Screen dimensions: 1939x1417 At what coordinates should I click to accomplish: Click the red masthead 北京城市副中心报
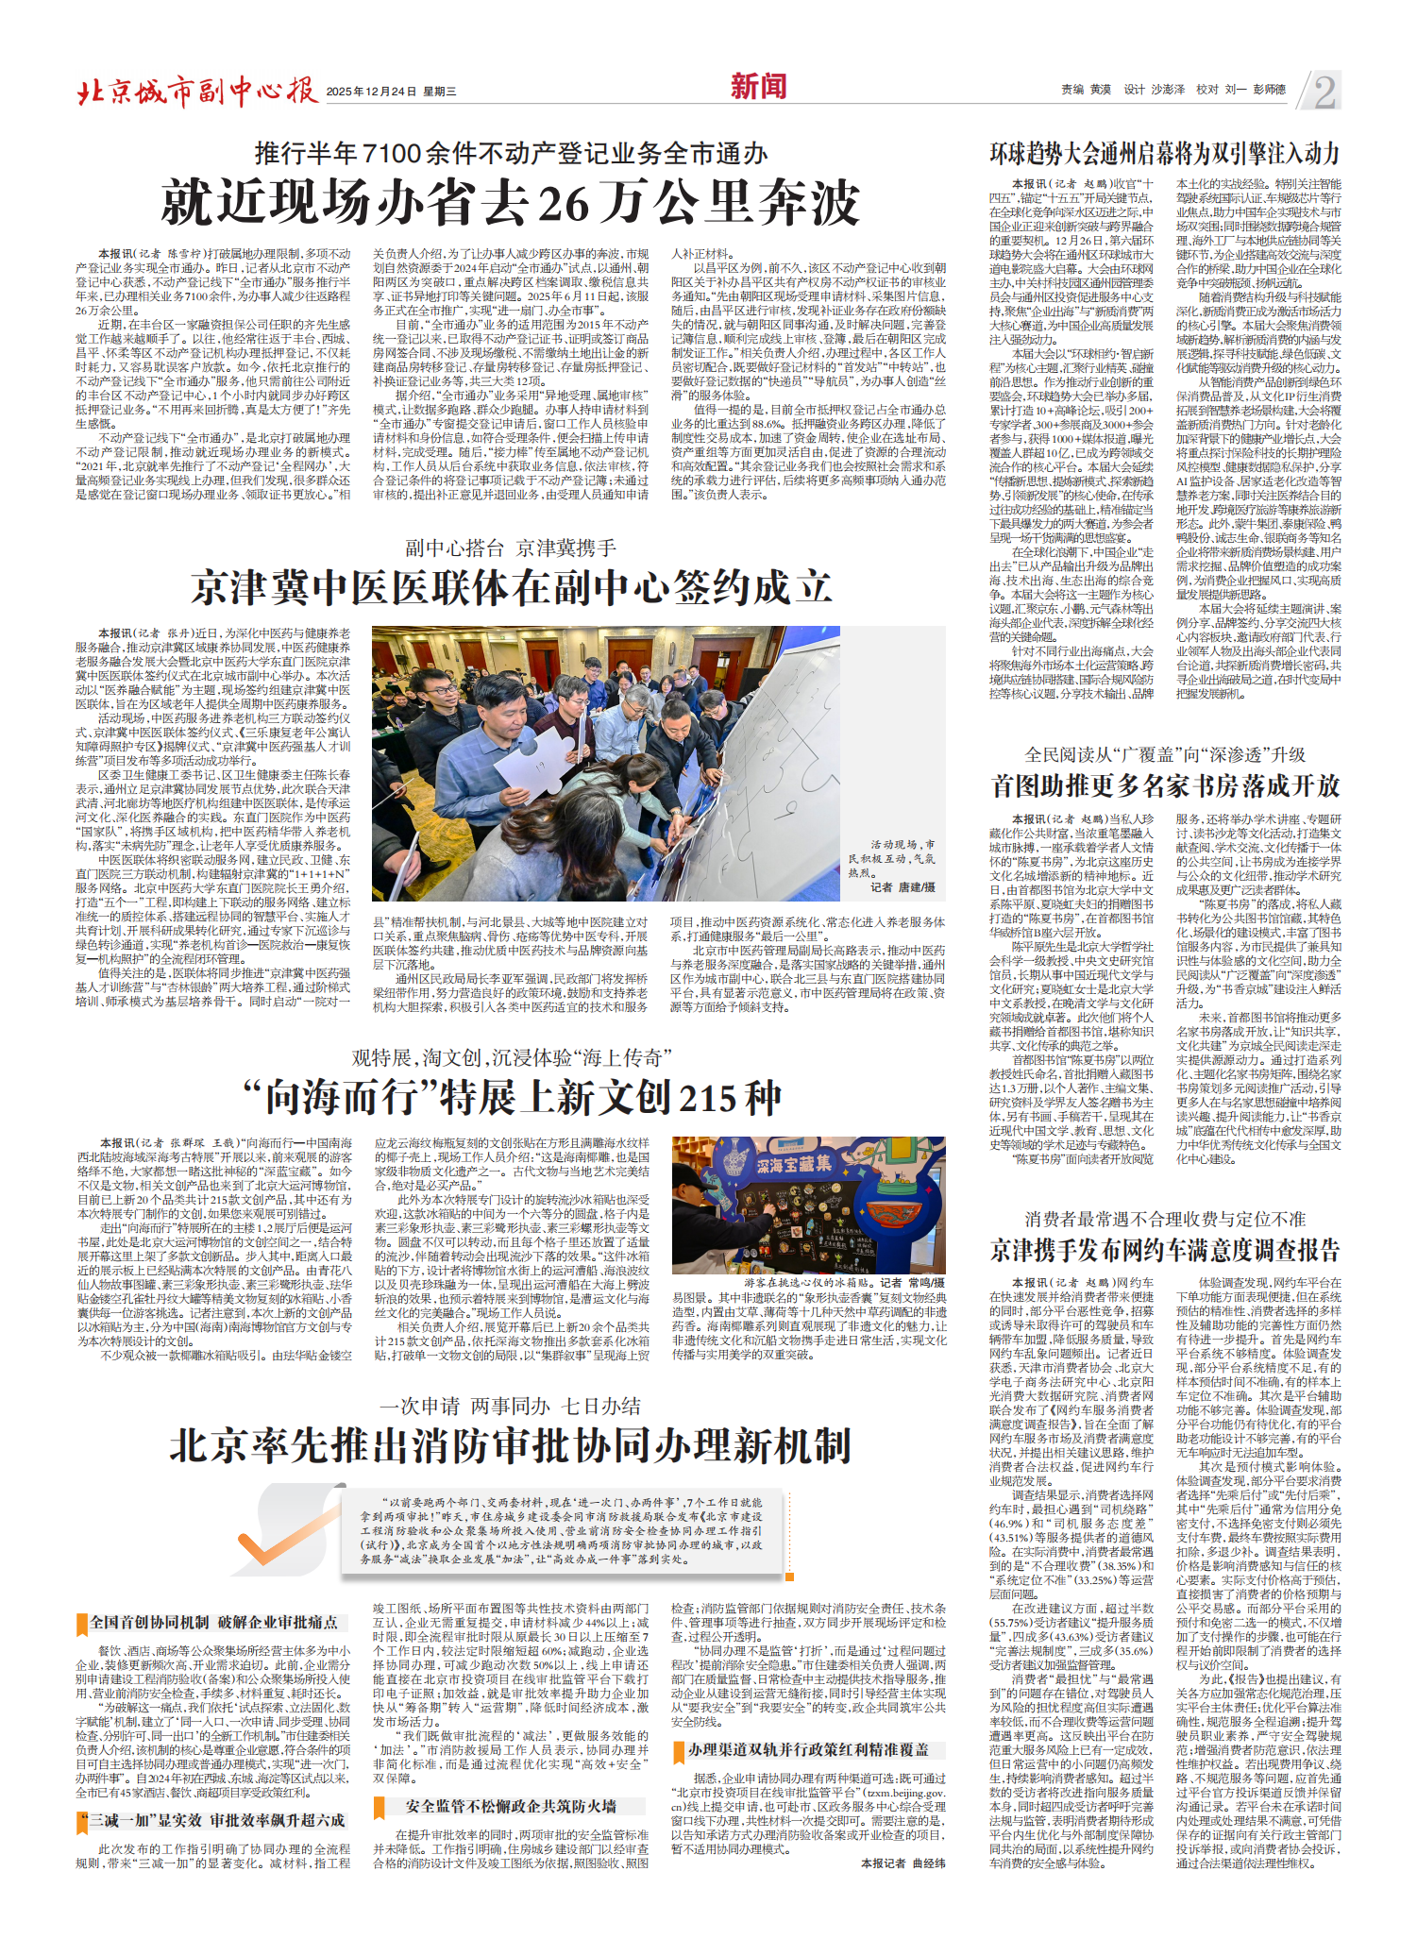pos(196,91)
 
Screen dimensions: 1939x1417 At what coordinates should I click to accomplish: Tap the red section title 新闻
pos(758,87)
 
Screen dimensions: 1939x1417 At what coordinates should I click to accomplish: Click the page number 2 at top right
pos(1324,92)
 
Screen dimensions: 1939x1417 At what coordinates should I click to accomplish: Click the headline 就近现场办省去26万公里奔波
pos(511,202)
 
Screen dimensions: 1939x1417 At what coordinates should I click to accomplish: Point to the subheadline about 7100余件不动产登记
pos(511,153)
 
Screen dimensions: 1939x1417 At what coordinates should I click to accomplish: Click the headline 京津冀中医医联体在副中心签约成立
pos(511,587)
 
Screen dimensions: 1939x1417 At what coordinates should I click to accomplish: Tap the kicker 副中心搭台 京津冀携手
pos(511,548)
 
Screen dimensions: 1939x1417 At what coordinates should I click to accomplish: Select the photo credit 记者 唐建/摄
pos(902,887)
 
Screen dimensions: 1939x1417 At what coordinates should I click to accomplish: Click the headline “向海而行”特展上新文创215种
pos(511,1097)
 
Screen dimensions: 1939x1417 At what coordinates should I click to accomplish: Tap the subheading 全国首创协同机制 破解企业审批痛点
pos(213,1622)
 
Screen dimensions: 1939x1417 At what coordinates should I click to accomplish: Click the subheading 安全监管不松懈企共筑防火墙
pos(510,1806)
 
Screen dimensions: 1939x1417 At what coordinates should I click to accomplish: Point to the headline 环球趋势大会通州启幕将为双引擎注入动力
pos(1165,153)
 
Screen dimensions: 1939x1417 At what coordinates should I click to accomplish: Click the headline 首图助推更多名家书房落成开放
pos(1165,785)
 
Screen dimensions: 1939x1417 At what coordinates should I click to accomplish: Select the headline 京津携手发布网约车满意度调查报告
pos(1165,1250)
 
